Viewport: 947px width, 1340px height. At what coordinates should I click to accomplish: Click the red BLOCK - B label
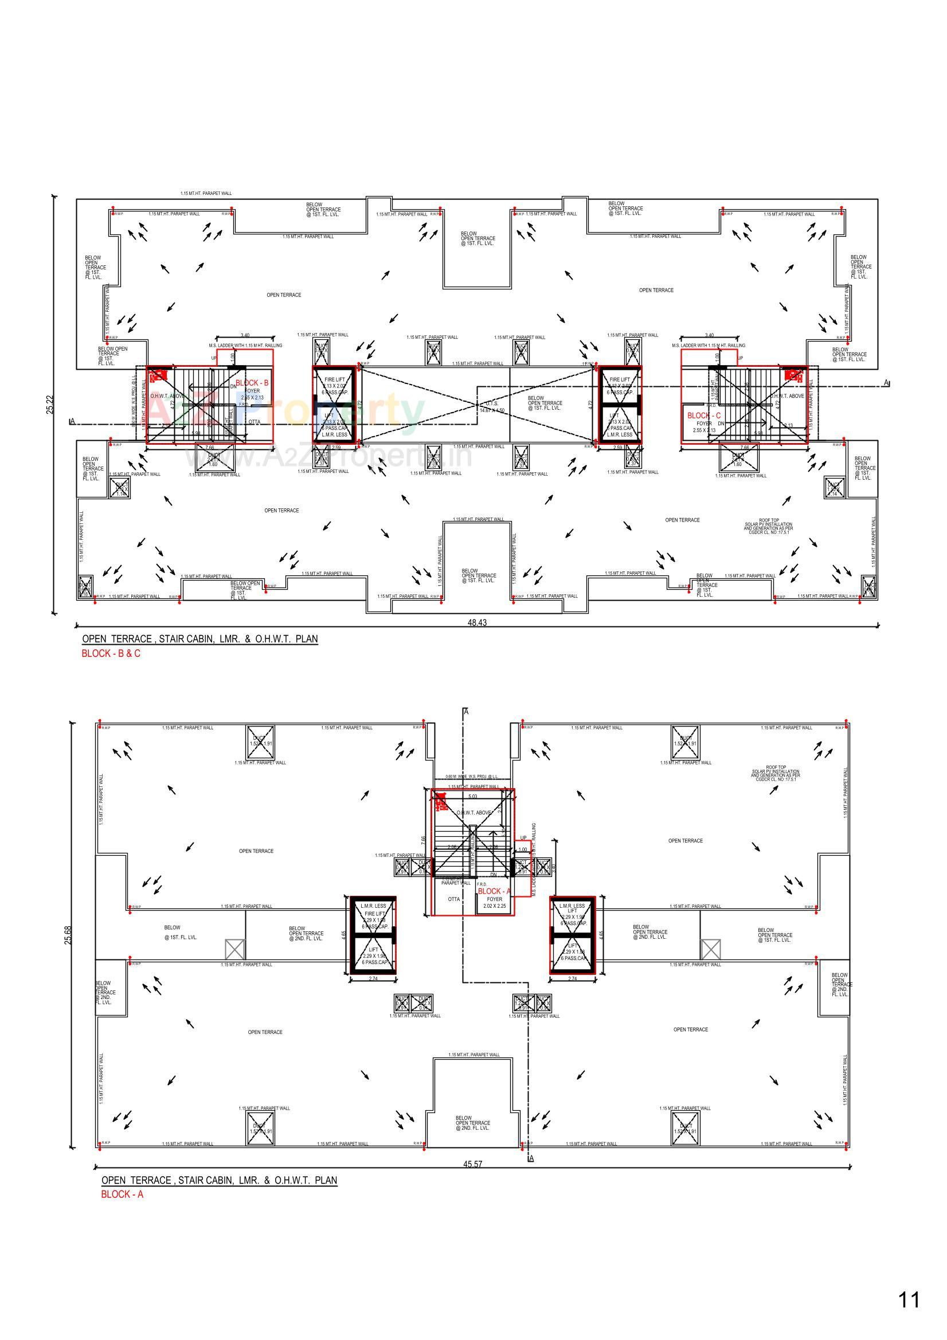[x=252, y=383]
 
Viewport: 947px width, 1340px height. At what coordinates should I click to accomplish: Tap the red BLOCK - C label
[x=703, y=416]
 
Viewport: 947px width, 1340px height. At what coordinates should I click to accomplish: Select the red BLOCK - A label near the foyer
[x=494, y=891]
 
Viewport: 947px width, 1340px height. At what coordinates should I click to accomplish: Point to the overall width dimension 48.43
[x=476, y=623]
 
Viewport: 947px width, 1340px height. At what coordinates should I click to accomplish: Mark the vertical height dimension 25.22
[x=50, y=405]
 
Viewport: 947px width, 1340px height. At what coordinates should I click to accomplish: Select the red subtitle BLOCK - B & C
[x=111, y=653]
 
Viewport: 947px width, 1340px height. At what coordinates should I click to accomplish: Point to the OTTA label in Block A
[x=453, y=899]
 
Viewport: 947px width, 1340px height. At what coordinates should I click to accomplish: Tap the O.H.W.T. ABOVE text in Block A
[x=474, y=812]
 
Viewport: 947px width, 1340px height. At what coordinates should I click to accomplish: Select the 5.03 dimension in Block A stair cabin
[x=472, y=796]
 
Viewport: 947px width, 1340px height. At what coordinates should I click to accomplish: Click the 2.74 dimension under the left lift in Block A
[x=373, y=979]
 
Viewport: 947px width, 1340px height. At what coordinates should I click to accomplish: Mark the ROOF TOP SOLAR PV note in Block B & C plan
[x=768, y=528]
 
